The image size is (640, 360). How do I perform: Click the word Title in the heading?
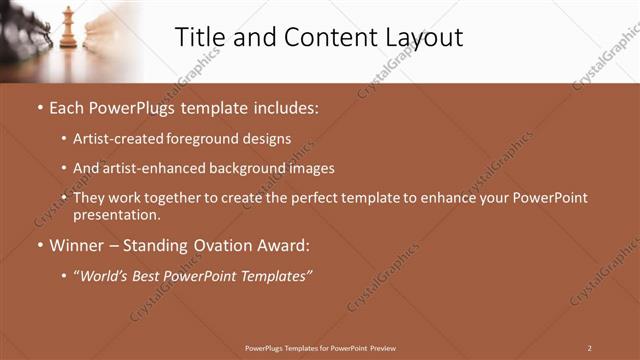199,37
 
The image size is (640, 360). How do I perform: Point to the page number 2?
589,347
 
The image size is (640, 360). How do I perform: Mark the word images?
310,168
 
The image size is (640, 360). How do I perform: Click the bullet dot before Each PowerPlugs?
39,107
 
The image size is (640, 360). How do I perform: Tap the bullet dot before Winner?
39,245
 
